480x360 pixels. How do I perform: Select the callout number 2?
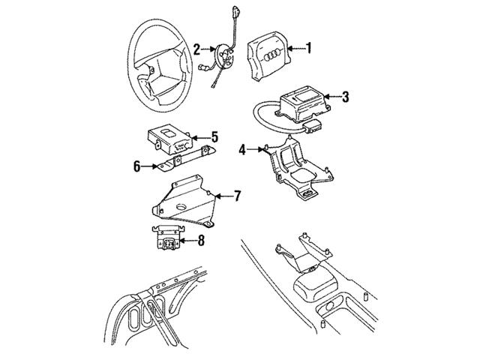[x=196, y=50]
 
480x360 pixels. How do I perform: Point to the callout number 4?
[x=242, y=150]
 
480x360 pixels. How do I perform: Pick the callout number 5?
[x=214, y=136]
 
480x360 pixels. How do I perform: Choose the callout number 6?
[x=136, y=166]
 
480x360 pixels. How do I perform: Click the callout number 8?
[x=201, y=241]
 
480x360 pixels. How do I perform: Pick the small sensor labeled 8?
[x=167, y=238]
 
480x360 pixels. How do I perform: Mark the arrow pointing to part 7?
[x=223, y=196]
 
